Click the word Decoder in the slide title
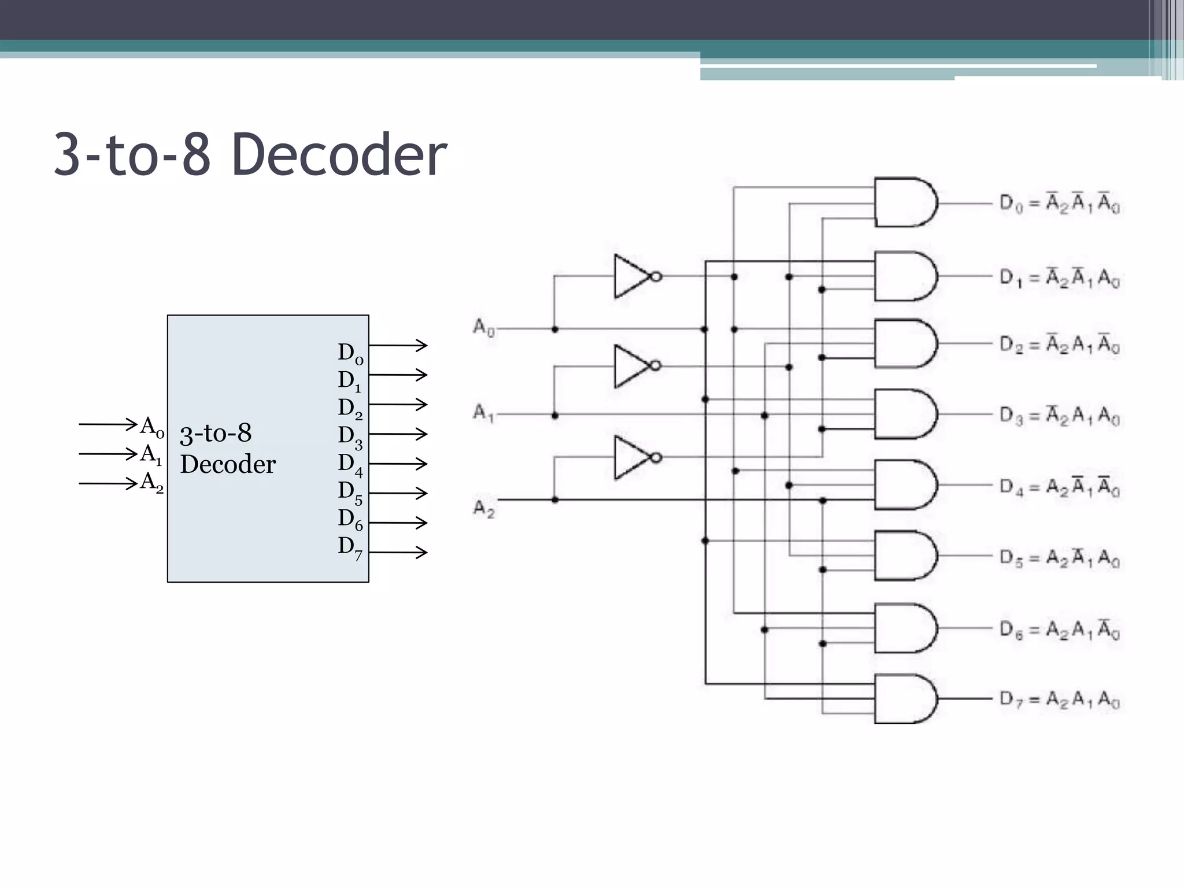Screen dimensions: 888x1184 (339, 155)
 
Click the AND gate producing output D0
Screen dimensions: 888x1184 (904, 203)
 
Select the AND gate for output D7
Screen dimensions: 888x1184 (904, 698)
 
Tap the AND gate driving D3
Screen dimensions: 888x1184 (904, 414)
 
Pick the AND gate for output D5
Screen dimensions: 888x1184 (904, 555)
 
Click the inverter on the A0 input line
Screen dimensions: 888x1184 (635, 276)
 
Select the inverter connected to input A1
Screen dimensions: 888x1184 (635, 366)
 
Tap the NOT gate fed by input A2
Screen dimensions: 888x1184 (635, 457)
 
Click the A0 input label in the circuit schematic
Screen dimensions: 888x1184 (484, 328)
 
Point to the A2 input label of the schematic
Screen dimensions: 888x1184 (484, 509)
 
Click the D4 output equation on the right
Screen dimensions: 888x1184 (1060, 487)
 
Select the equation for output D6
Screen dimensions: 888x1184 (1060, 629)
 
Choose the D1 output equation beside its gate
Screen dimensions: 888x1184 (1060, 278)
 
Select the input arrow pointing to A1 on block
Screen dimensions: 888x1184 (108, 454)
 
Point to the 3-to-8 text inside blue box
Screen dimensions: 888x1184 (216, 434)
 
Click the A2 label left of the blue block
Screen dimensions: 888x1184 (151, 482)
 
